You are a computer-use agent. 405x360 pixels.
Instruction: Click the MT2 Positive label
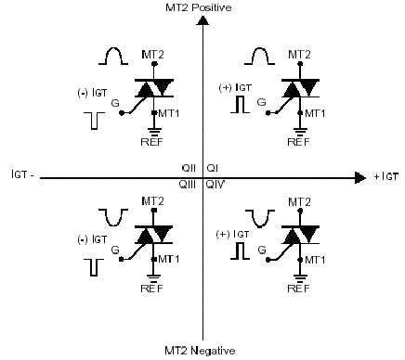199,7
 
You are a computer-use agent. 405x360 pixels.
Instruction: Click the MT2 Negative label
200,351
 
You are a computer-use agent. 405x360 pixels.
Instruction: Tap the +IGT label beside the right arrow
385,176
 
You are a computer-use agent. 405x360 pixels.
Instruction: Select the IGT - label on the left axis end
22,174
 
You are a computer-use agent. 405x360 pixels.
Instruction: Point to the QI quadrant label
212,168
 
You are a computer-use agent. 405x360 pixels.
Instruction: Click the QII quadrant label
189,168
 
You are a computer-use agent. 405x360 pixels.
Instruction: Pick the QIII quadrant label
188,185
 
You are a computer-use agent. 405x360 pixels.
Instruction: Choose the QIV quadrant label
216,185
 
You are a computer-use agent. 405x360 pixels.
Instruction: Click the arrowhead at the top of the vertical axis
202,20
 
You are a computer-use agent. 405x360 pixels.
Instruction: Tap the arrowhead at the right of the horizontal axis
360,178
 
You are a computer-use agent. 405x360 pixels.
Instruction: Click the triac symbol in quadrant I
300,88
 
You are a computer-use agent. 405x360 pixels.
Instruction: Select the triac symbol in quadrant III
153,235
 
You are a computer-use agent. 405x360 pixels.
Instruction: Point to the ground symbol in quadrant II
153,132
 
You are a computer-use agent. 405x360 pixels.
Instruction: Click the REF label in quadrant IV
298,289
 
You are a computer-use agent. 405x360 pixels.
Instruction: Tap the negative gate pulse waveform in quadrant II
94,121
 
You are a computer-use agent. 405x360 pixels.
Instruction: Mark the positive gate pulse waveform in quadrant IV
240,251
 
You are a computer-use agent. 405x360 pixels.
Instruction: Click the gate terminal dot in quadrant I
268,113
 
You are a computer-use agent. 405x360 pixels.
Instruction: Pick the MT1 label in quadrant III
169,259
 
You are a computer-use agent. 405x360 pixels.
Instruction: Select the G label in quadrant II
115,103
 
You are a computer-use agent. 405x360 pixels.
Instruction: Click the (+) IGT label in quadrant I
235,88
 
